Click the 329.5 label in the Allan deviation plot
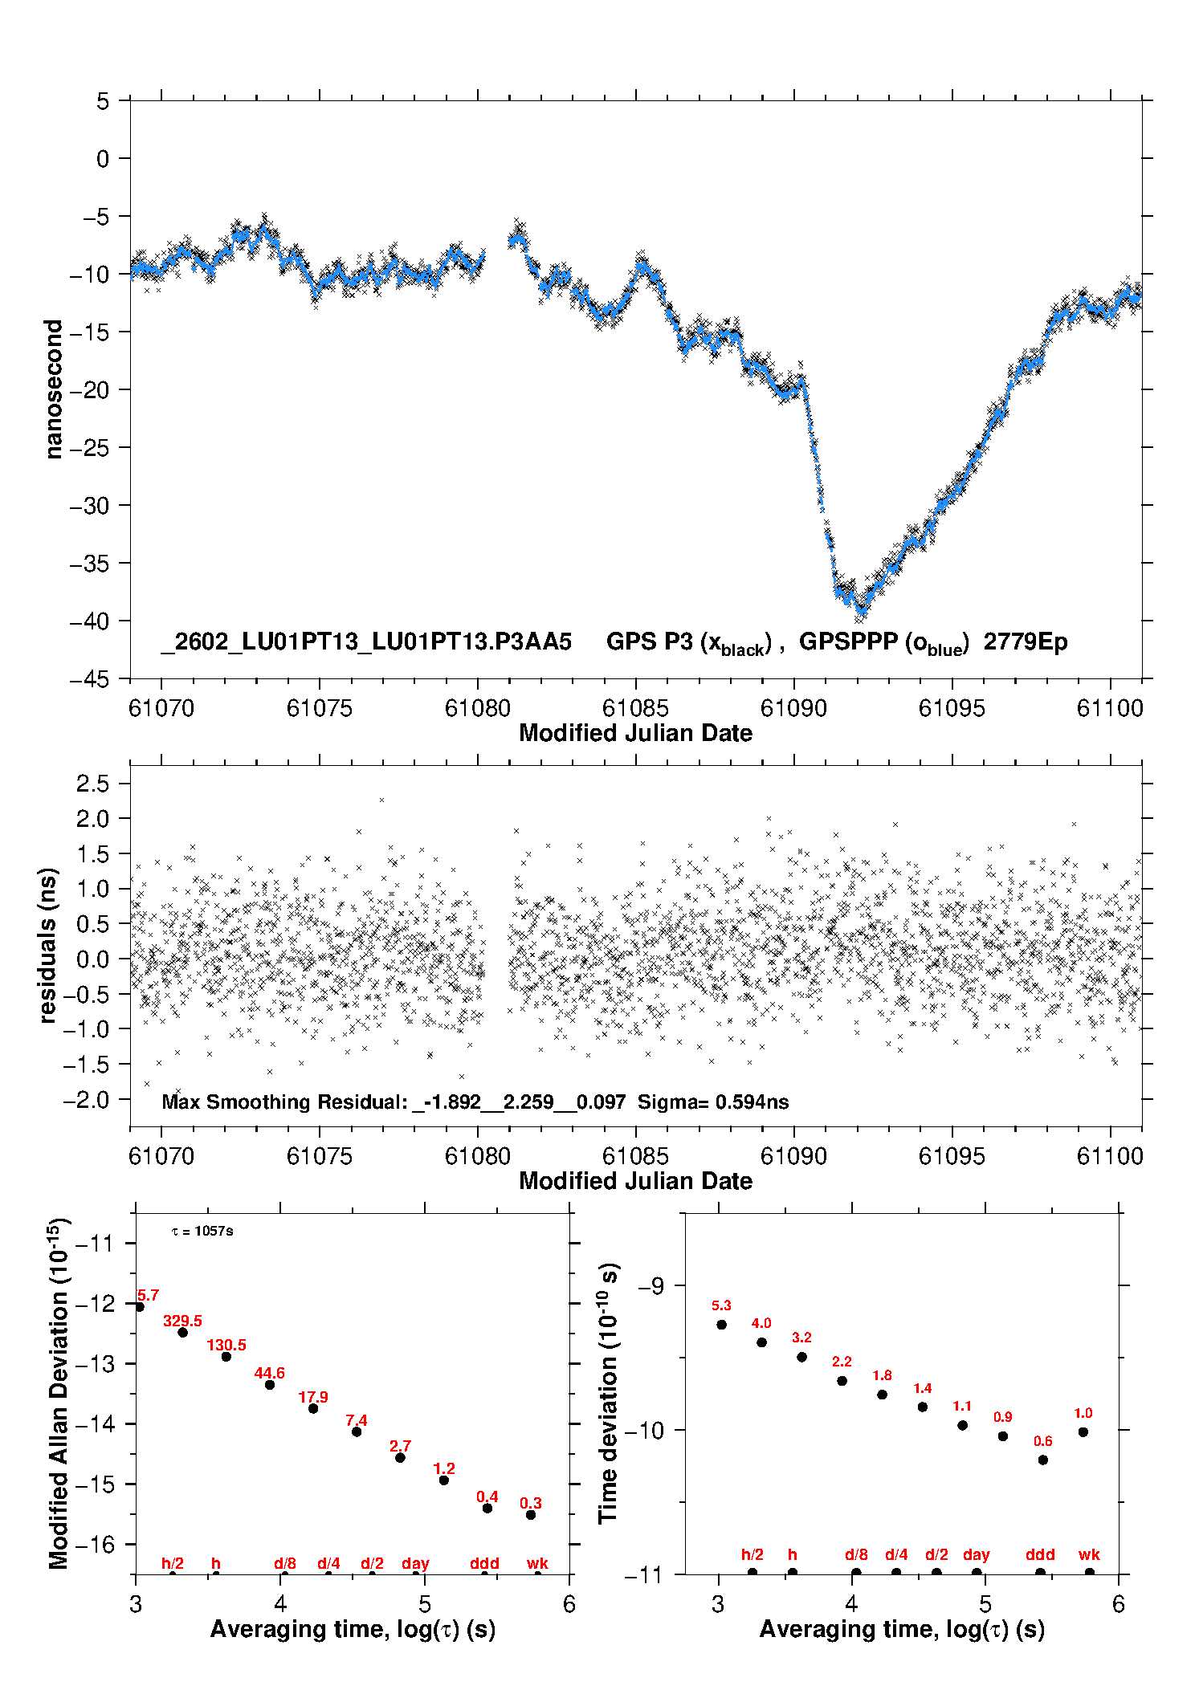[182, 1321]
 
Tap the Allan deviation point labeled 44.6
[270, 1385]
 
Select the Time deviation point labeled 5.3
[721, 1325]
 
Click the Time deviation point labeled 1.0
[1083, 1431]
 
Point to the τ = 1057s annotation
[202, 1232]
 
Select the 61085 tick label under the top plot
[635, 708]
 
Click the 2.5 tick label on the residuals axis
[92, 784]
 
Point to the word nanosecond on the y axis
[53, 389]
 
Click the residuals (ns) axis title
[48, 945]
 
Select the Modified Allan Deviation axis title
[59, 1393]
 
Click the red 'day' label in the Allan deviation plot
[415, 1563]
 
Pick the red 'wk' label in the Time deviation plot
[1089, 1554]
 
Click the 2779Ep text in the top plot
[1026, 642]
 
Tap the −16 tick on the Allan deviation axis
[94, 1544]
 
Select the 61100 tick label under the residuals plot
[1110, 1156]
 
